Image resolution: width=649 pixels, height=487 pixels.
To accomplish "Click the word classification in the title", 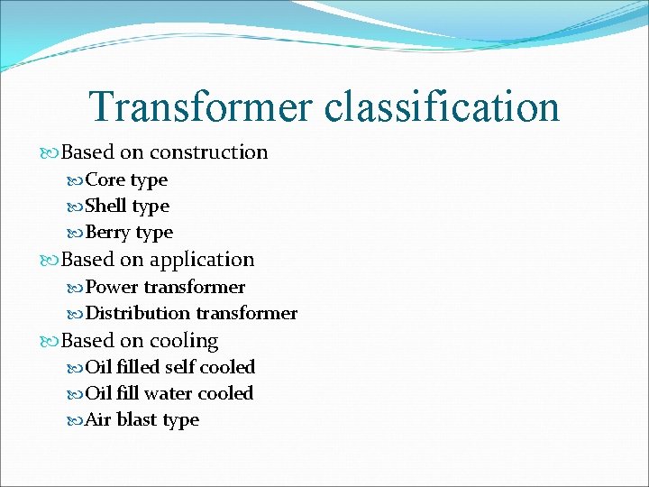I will click(x=442, y=106).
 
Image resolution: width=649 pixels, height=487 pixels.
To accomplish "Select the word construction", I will click(x=208, y=152).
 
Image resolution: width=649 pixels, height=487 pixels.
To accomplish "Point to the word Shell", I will click(x=106, y=207).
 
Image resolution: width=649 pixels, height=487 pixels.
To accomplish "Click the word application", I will click(x=202, y=261).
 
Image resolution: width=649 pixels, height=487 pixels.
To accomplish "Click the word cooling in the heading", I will click(x=184, y=342).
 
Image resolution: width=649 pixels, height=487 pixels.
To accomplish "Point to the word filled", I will click(x=137, y=367).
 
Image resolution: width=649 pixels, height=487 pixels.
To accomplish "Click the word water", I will click(x=167, y=393).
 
